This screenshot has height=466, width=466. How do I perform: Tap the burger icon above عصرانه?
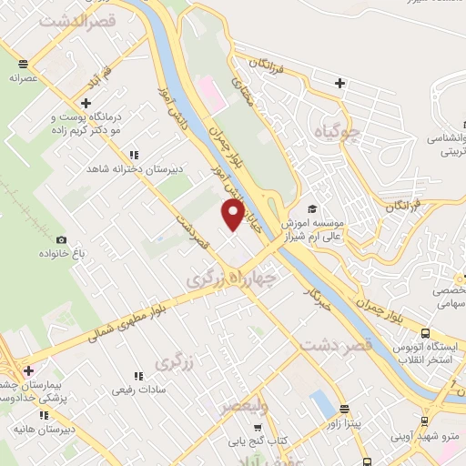(23, 64)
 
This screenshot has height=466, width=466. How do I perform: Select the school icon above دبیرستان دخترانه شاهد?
(135, 156)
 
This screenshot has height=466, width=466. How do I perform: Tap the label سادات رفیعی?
(137, 390)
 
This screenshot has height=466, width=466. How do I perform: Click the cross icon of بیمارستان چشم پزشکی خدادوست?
(29, 370)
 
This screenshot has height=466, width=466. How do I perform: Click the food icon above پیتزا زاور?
(344, 410)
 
